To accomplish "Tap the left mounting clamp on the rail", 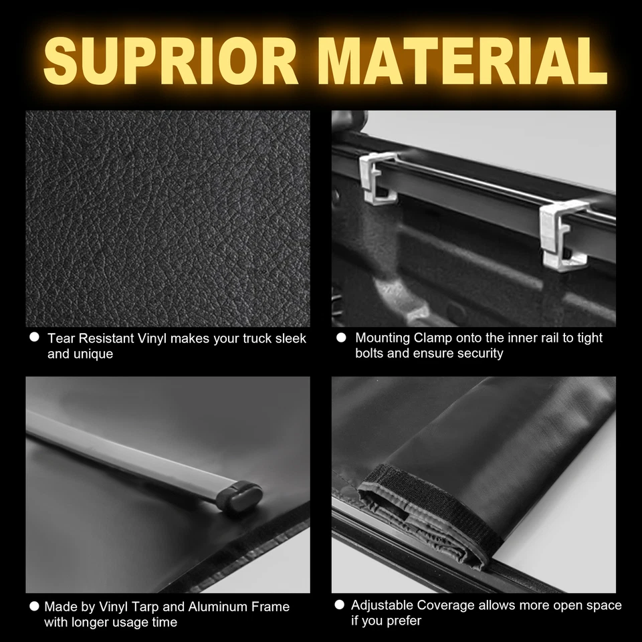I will tap(379, 178).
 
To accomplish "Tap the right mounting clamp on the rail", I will tap(563, 235).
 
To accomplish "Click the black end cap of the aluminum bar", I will tap(241, 497).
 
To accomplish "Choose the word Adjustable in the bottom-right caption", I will tap(382, 605).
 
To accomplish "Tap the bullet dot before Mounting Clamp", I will tap(341, 338).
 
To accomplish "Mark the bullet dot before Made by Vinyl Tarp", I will tap(34, 607).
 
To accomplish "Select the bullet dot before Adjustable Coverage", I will tap(339, 605).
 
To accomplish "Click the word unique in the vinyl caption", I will tap(93, 354).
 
